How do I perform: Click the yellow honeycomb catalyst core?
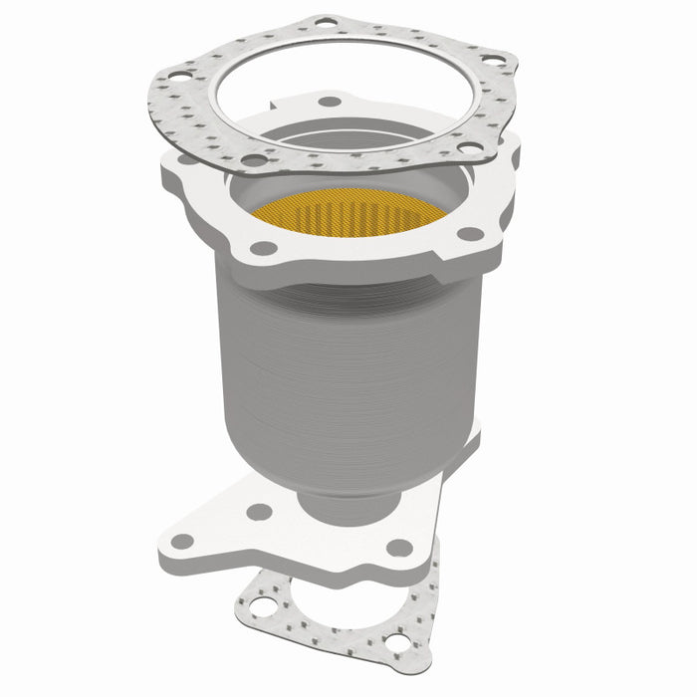[348, 211]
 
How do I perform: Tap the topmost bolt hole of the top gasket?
[326, 21]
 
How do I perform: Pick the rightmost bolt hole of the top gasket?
[492, 61]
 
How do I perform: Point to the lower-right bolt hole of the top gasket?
[464, 148]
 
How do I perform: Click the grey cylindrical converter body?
[348, 378]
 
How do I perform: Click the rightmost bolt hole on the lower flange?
[399, 548]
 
